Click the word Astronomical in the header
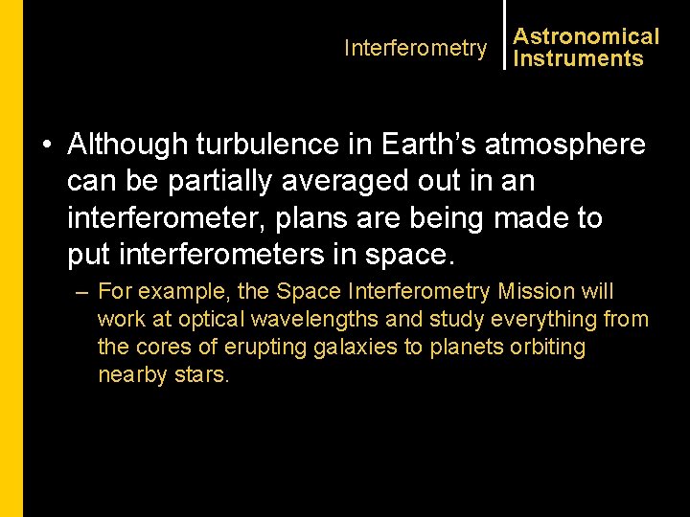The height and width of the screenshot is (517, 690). [x=586, y=36]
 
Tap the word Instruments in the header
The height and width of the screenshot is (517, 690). [x=578, y=58]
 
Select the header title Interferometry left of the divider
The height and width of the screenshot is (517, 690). [x=415, y=48]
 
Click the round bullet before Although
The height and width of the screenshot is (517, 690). [x=46, y=146]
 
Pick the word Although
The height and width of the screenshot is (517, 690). [x=128, y=145]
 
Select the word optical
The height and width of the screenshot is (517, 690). [x=199, y=319]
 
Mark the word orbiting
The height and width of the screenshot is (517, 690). [x=544, y=347]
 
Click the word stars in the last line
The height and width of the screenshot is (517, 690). [x=203, y=374]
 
